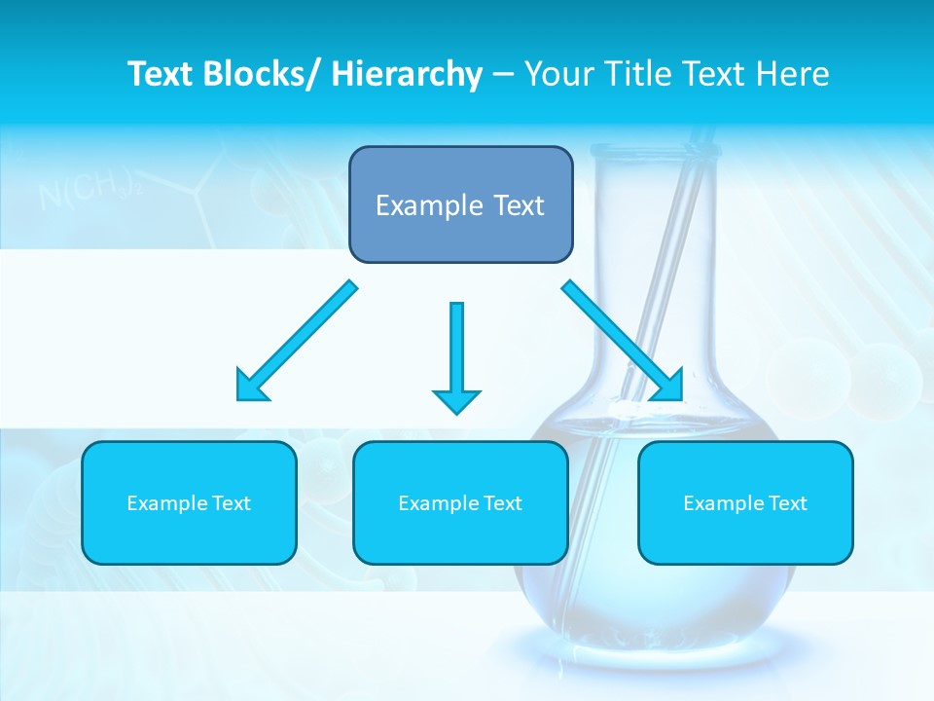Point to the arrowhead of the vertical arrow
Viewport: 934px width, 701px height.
tap(456, 401)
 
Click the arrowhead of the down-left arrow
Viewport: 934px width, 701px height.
tap(251, 387)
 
